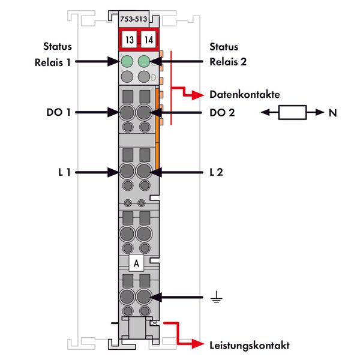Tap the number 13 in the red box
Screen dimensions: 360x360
coord(128,40)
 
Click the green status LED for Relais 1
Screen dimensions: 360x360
coord(127,61)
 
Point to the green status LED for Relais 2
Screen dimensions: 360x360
coord(144,61)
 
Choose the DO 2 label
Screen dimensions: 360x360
coord(222,112)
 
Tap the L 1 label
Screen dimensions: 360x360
coord(64,172)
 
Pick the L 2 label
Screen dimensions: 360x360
coord(217,172)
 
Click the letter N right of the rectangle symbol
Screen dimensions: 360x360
coord(332,112)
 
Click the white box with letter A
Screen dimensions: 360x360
coord(136,263)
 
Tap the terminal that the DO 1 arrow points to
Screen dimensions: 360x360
coord(127,112)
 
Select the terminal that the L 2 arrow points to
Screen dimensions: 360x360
coord(144,172)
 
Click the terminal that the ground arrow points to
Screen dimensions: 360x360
coord(144,296)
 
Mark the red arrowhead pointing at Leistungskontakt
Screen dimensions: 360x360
coord(201,345)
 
